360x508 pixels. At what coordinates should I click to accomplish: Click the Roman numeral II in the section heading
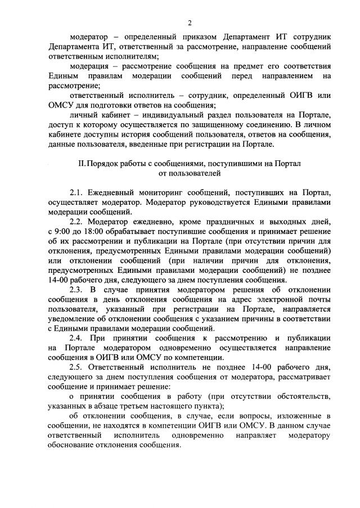point(83,163)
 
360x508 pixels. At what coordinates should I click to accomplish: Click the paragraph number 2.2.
point(76,222)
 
